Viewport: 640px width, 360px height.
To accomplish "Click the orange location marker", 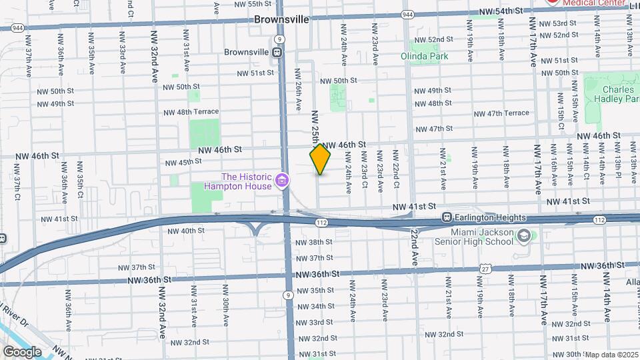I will [x=320, y=160].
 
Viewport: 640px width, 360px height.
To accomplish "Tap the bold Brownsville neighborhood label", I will [x=281, y=19].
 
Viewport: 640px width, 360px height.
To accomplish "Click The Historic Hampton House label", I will [x=247, y=181].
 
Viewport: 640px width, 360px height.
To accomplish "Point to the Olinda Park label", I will [x=425, y=57].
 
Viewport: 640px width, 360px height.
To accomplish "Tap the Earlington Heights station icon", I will [x=448, y=218].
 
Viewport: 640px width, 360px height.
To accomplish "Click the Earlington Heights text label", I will [x=491, y=218].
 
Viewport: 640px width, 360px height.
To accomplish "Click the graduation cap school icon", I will [x=525, y=235].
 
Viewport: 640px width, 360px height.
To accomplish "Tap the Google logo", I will [x=21, y=351].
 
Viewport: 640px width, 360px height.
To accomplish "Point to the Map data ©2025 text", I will [x=611, y=354].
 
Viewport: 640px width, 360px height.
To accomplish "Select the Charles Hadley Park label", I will [x=610, y=93].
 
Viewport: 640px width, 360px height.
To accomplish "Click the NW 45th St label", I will [x=183, y=162].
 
